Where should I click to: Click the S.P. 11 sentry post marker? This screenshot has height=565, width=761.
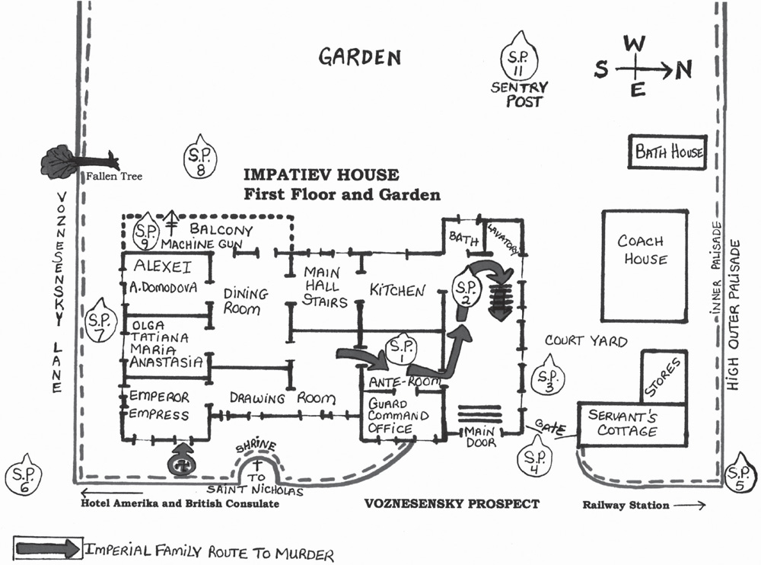tap(519, 56)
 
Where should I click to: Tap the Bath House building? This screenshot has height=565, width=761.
tap(668, 152)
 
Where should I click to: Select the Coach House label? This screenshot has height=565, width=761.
tap(642, 249)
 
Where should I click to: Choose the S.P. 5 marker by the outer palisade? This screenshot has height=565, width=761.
tap(740, 473)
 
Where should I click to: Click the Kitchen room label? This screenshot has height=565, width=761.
tap(397, 291)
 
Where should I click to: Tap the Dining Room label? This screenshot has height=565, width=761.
tap(246, 302)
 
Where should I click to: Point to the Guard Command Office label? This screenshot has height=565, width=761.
tap(398, 416)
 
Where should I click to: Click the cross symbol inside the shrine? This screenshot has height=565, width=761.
tap(256, 465)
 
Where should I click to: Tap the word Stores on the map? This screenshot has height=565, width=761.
tap(663, 377)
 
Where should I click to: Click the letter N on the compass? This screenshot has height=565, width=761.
tap(684, 71)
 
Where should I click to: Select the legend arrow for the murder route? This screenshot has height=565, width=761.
tap(48, 549)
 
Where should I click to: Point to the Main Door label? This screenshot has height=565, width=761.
tap(480, 437)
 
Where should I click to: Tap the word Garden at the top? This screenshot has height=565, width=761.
tap(360, 57)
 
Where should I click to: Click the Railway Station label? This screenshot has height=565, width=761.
tap(626, 506)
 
